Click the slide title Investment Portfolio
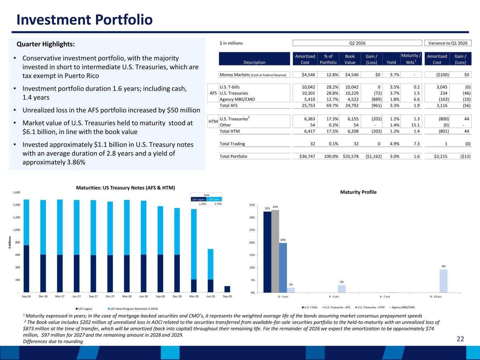click(x=84, y=20)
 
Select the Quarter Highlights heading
click(x=46, y=44)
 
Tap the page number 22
click(x=460, y=339)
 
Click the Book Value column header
click(x=350, y=59)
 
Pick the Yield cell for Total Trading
click(x=395, y=144)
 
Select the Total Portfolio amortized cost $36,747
click(x=307, y=156)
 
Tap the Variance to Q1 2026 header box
click(x=448, y=43)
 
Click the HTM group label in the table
click(x=213, y=122)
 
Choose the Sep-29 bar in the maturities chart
click(x=227, y=289)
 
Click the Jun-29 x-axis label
click(x=210, y=296)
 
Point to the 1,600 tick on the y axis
click(x=17, y=192)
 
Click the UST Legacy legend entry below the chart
click(x=84, y=309)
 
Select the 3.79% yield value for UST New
click(x=218, y=204)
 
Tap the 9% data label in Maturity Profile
click(x=443, y=266)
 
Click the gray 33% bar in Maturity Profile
click(x=275, y=251)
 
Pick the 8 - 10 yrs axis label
click(x=436, y=297)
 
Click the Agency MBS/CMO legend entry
click(x=402, y=307)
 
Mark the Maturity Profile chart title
click(x=358, y=192)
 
